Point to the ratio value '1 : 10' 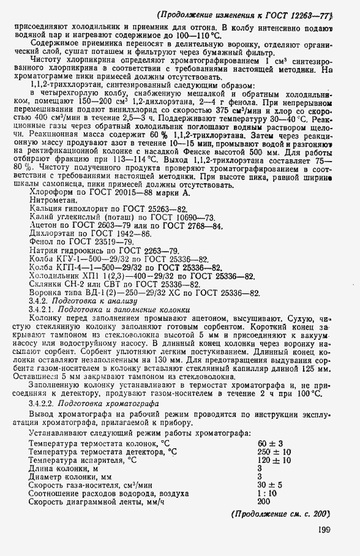[267, 492]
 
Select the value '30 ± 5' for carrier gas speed [268, 484]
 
